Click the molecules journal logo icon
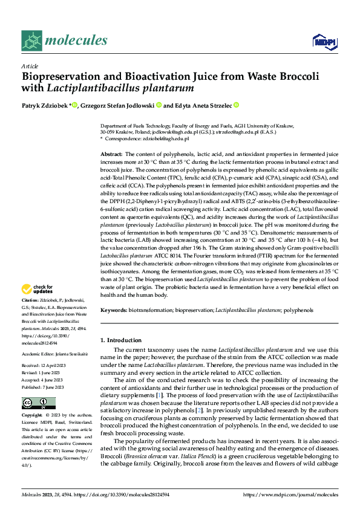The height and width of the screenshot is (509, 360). (x=32, y=41)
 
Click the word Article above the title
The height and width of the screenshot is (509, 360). (x=30, y=66)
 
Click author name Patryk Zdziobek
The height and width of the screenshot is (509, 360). (x=44, y=105)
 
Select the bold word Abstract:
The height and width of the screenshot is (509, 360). (x=111, y=155)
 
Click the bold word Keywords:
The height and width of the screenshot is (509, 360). (x=114, y=310)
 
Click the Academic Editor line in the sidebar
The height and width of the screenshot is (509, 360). (x=55, y=353)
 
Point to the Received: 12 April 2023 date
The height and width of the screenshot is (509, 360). (x=45, y=366)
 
